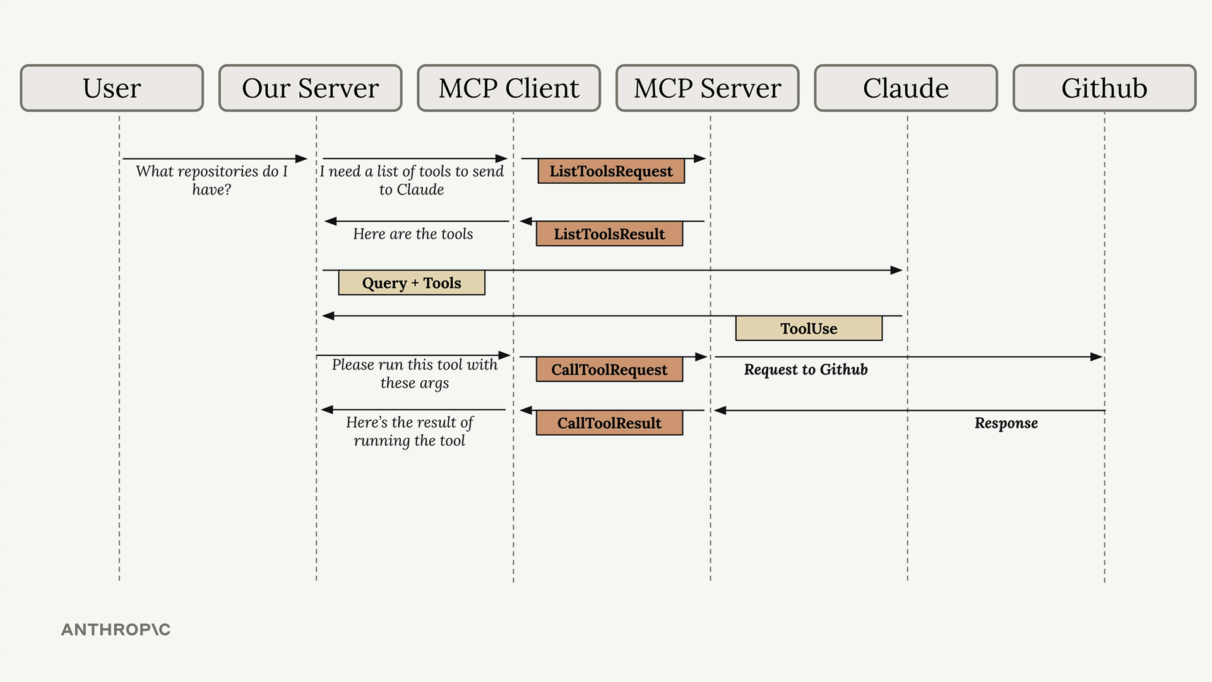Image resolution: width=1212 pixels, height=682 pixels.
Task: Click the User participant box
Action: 112,88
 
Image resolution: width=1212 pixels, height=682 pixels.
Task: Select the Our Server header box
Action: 311,88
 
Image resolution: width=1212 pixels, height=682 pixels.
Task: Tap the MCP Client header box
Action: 509,88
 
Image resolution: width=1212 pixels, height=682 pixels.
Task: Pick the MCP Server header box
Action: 708,88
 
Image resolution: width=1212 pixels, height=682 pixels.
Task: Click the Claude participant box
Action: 906,88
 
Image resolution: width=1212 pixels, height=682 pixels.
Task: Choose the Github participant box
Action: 1105,88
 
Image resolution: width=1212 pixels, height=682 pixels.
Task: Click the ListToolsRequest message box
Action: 611,171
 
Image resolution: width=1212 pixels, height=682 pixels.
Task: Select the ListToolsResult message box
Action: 609,234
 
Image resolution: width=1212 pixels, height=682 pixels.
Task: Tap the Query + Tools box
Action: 412,283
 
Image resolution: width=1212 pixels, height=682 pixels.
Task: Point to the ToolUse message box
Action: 809,328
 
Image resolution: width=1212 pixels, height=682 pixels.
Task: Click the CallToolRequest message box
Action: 609,369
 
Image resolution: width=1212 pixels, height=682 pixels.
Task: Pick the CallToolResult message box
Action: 609,423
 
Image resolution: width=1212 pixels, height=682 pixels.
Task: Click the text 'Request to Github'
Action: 805,369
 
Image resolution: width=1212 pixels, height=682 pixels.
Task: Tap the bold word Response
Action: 1006,423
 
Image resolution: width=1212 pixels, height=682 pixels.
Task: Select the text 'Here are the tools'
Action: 413,234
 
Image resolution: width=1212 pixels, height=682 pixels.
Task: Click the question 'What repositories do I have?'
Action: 211,180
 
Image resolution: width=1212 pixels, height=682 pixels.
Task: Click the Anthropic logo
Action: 116,630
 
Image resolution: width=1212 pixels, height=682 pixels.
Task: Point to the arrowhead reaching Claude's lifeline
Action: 896,270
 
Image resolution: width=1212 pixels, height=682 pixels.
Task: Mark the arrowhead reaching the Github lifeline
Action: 1096,357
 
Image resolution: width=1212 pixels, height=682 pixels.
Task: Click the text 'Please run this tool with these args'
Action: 415,374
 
